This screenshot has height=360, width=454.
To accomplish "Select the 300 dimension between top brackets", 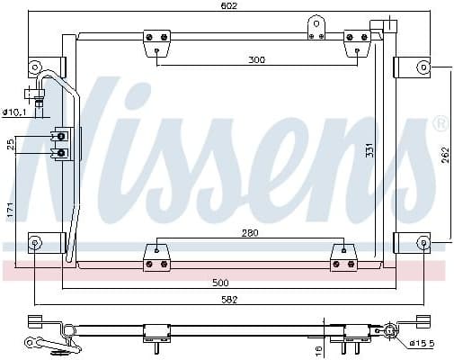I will tap(257, 59).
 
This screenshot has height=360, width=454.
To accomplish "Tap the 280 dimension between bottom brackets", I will tap(250, 233).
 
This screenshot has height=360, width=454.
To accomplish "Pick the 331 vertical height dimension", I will tap(369, 151).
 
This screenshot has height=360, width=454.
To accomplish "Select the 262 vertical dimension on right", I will tap(443, 155).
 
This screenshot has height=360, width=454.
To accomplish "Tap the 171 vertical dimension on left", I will tap(10, 209).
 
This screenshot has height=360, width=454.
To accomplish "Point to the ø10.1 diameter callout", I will tap(15, 112).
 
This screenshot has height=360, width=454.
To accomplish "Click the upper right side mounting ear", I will tap(415, 67).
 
